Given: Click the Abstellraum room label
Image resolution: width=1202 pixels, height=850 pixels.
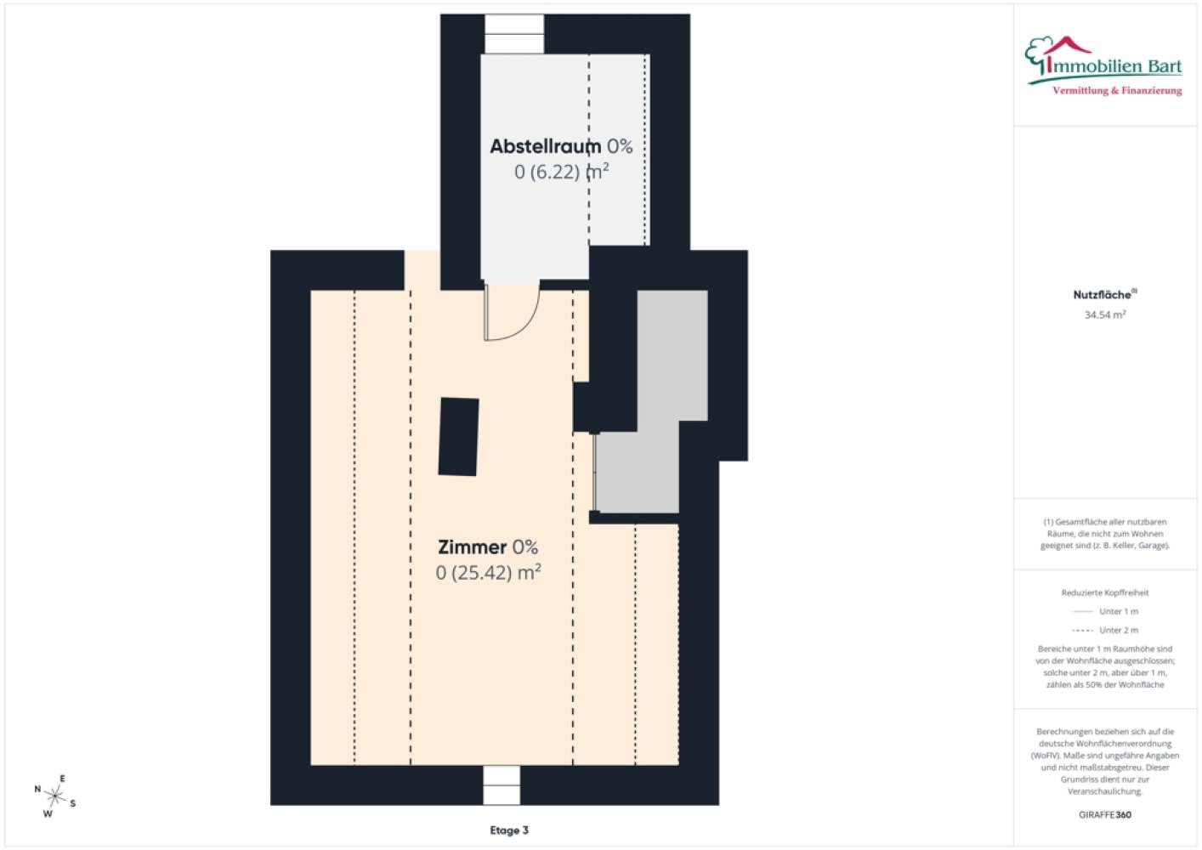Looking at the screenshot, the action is [545, 146].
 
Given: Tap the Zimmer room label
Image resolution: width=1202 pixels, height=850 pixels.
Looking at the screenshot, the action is [473, 547].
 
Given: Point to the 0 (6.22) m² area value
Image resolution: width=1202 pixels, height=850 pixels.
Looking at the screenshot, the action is [561, 172].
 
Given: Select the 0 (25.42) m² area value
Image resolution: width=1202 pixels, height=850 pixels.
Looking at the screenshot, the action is [488, 573].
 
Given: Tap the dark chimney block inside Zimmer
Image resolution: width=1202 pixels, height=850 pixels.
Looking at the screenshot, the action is [458, 437].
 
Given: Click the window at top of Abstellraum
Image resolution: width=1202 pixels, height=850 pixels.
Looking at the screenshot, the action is [514, 34].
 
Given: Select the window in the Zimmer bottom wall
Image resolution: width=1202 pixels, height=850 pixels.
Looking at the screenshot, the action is [502, 785].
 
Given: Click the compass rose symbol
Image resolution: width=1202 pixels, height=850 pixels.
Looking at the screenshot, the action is [54, 796].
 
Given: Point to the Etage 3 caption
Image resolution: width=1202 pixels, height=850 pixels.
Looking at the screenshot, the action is [508, 830].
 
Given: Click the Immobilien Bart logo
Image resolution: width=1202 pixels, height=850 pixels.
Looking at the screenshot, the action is [1103, 66].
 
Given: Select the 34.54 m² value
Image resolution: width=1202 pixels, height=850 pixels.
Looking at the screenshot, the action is [1105, 314].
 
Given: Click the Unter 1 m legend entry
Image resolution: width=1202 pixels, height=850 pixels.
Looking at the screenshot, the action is [1105, 611].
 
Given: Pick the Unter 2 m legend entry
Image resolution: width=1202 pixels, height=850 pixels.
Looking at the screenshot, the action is [1105, 630].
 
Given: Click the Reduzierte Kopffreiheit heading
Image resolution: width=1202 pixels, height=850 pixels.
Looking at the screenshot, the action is [1105, 592].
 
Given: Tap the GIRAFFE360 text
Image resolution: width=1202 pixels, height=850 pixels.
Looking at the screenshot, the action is [1105, 814].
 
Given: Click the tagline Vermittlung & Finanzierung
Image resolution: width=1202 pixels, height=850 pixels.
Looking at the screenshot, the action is [1117, 91].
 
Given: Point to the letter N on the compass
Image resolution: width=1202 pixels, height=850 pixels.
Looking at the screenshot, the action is [37, 789].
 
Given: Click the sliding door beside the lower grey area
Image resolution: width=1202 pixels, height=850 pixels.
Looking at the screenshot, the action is [594, 473].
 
